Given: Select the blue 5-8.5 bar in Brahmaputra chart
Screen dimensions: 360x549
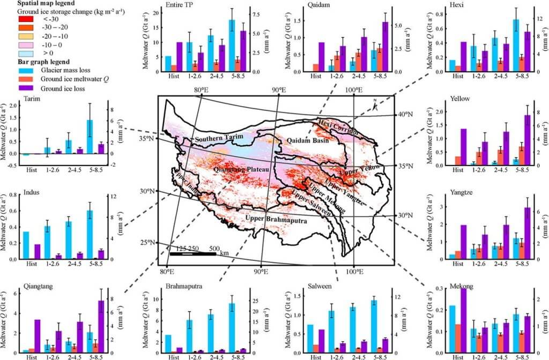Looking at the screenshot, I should [x=247, y=328].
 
